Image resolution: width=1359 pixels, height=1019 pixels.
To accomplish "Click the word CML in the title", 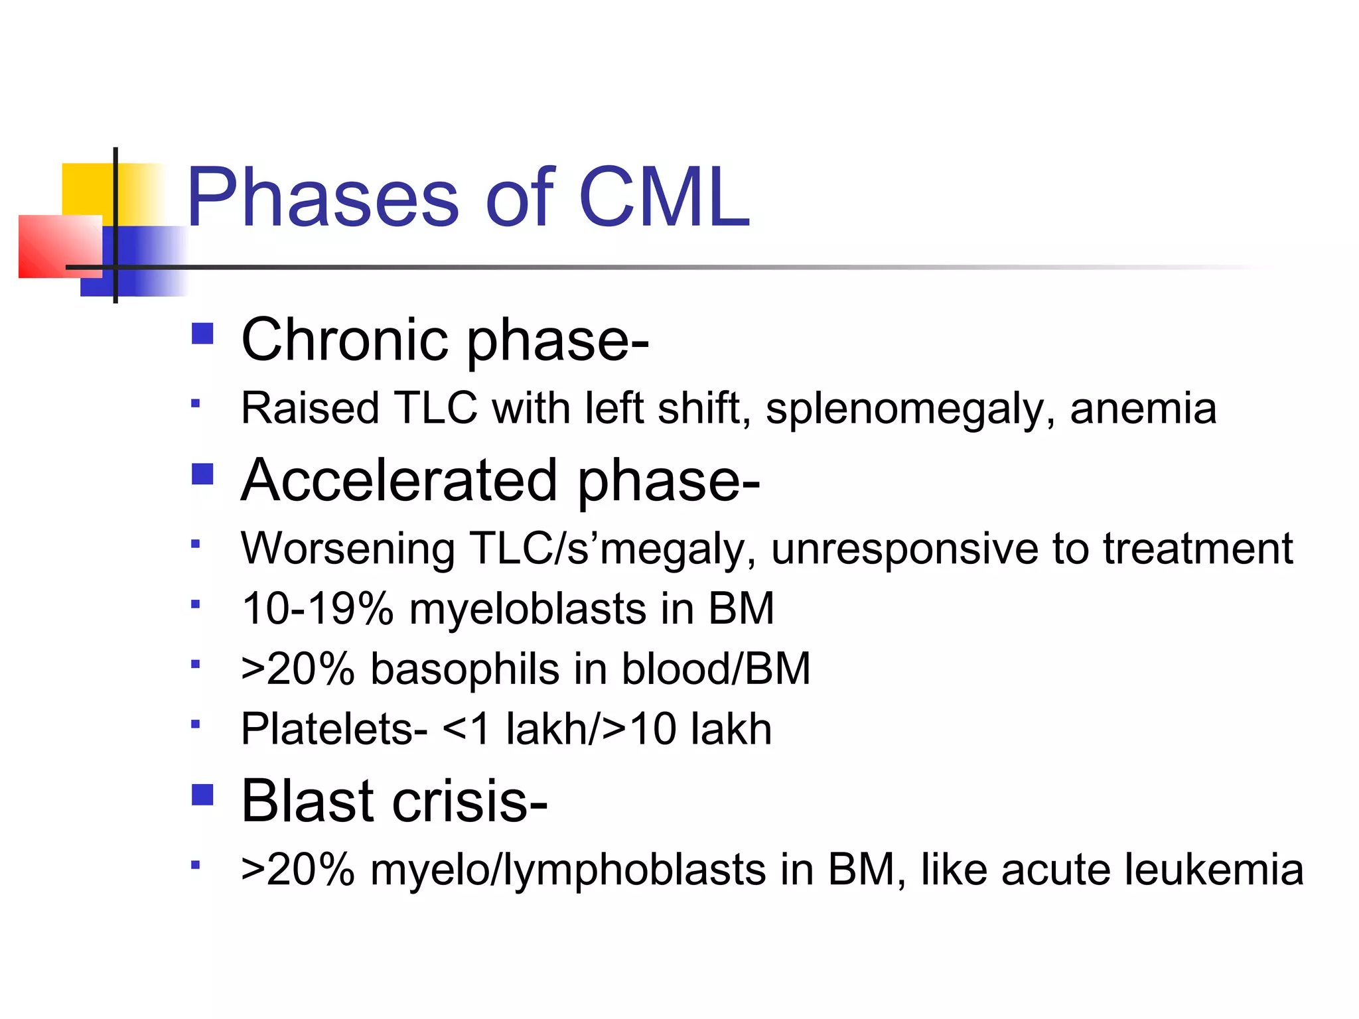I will (664, 198).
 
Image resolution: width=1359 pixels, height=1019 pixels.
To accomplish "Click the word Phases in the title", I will (322, 198).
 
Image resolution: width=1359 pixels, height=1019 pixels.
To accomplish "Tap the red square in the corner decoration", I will (50, 245).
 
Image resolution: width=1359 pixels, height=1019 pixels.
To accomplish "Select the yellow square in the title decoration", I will (86, 189).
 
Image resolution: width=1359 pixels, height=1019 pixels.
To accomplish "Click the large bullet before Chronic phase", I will (202, 333).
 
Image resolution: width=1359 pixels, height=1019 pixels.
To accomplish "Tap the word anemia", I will (1143, 409).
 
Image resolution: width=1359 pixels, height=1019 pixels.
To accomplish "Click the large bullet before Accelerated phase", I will (202, 474).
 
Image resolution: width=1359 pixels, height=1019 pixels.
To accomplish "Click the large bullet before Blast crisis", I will (202, 795).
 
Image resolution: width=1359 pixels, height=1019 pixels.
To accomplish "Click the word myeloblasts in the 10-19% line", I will (528, 609).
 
